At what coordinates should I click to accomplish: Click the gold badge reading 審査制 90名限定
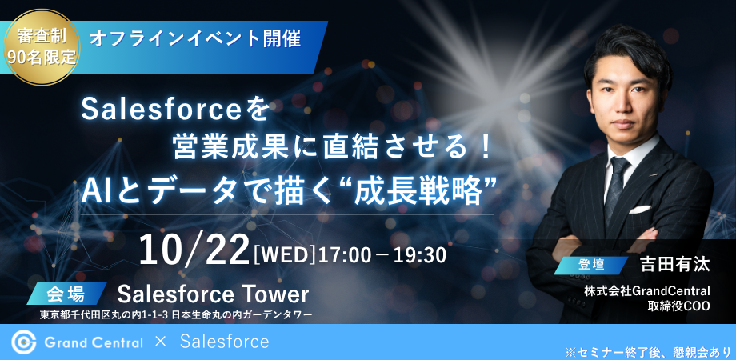[x=42, y=47]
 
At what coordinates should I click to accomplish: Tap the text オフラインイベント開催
[x=194, y=39]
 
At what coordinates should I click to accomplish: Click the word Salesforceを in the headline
[x=174, y=111]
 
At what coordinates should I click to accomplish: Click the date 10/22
[x=194, y=250]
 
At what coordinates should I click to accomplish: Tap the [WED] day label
[x=285, y=255]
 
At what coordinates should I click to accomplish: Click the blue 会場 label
[x=66, y=294]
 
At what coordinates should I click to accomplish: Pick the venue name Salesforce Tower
[x=213, y=294]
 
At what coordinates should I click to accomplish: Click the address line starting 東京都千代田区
[x=176, y=315]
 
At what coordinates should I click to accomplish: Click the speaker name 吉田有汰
[x=675, y=264]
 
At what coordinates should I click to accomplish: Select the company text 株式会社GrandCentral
[x=647, y=292]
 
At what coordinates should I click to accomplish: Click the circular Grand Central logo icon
[x=23, y=342]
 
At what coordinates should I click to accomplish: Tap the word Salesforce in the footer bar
[x=224, y=342]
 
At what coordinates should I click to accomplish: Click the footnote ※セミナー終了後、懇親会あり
[x=648, y=352]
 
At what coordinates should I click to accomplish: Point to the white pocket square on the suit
[x=640, y=210]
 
